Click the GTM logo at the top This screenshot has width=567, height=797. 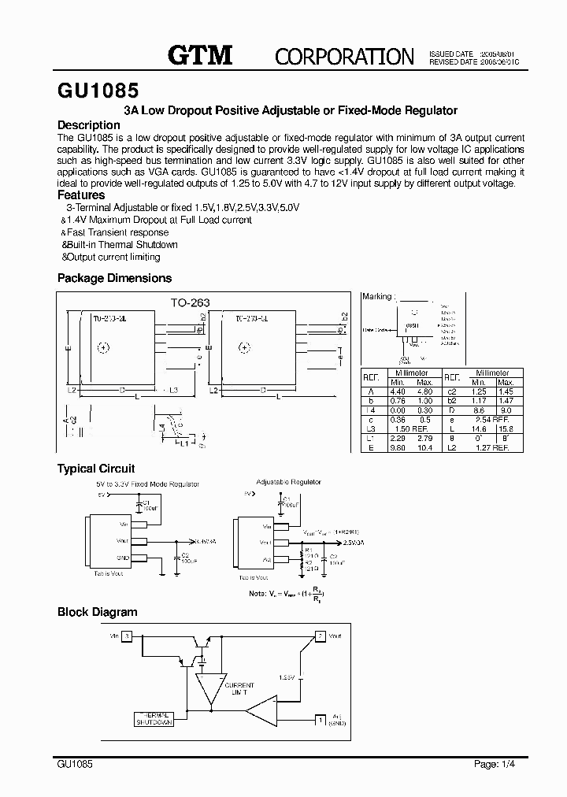tap(200, 55)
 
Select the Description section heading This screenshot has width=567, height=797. tap(89, 125)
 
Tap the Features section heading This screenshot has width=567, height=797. tap(81, 195)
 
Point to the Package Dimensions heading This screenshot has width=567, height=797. tap(114, 278)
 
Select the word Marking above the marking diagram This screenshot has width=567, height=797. tap(376, 297)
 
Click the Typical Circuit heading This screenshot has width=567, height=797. tap(96, 469)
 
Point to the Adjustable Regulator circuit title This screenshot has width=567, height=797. tap(288, 481)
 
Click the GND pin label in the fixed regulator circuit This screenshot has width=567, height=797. tap(123, 556)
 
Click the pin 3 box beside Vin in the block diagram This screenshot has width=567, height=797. tap(128, 635)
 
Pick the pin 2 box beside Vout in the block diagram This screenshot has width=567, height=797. tap(320, 635)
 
